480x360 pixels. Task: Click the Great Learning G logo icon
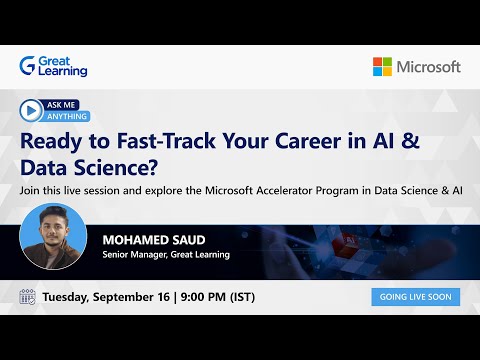pyautogui.click(x=27, y=66)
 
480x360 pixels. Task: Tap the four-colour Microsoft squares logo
pyautogui.click(x=383, y=66)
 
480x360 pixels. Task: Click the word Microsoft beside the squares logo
pyautogui.click(x=428, y=66)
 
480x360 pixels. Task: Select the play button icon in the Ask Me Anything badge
pyautogui.click(x=31, y=110)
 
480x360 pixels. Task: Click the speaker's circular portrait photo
pyautogui.click(x=53, y=237)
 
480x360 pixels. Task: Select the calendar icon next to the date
pyautogui.click(x=28, y=297)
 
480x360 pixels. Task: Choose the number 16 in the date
pyautogui.click(x=176, y=297)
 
